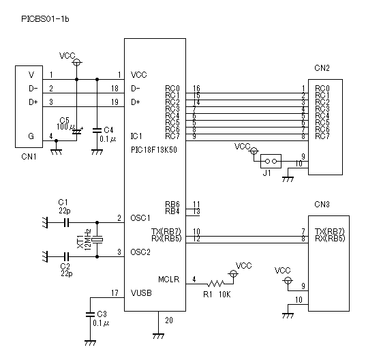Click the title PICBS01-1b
[x=45, y=19]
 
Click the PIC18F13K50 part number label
[x=154, y=149]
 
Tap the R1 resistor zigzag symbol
[x=215, y=284]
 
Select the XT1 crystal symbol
[x=97, y=240]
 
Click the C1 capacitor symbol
[x=67, y=222]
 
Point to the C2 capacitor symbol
[x=67, y=256]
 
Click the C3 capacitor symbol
[x=90, y=314]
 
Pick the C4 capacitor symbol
[x=97, y=130]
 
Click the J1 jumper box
[x=271, y=161]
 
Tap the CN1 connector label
[x=29, y=156]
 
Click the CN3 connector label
[x=322, y=205]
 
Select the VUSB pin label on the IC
[x=141, y=292]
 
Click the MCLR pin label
[x=169, y=280]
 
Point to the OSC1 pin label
[x=140, y=218]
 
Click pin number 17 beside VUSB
[x=115, y=292]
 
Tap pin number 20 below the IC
[x=169, y=320]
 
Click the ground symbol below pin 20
[x=159, y=336]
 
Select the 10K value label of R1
[x=225, y=295]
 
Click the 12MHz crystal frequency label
[x=87, y=240]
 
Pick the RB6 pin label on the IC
[x=172, y=205]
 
